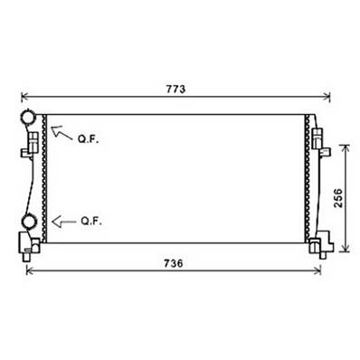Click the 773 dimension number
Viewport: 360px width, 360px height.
[175, 89]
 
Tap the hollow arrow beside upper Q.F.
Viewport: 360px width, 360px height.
[64, 133]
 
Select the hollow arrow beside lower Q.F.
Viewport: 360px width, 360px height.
[62, 220]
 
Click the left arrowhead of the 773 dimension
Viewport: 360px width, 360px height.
[24, 95]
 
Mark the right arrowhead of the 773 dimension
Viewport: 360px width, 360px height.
[327, 95]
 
